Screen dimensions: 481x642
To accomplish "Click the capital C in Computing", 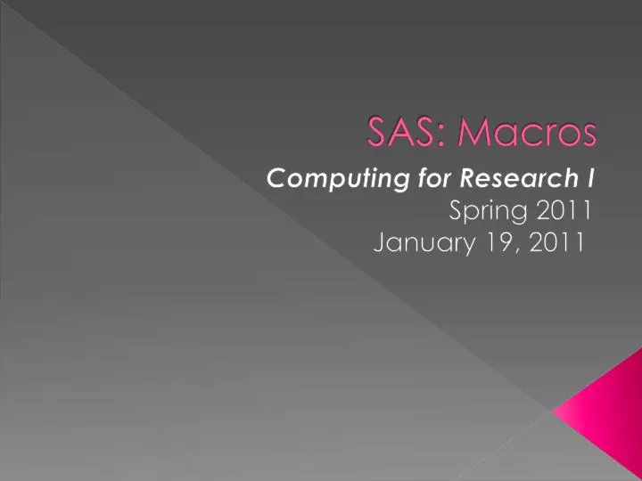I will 276,179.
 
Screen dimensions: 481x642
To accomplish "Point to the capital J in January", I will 380,241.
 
